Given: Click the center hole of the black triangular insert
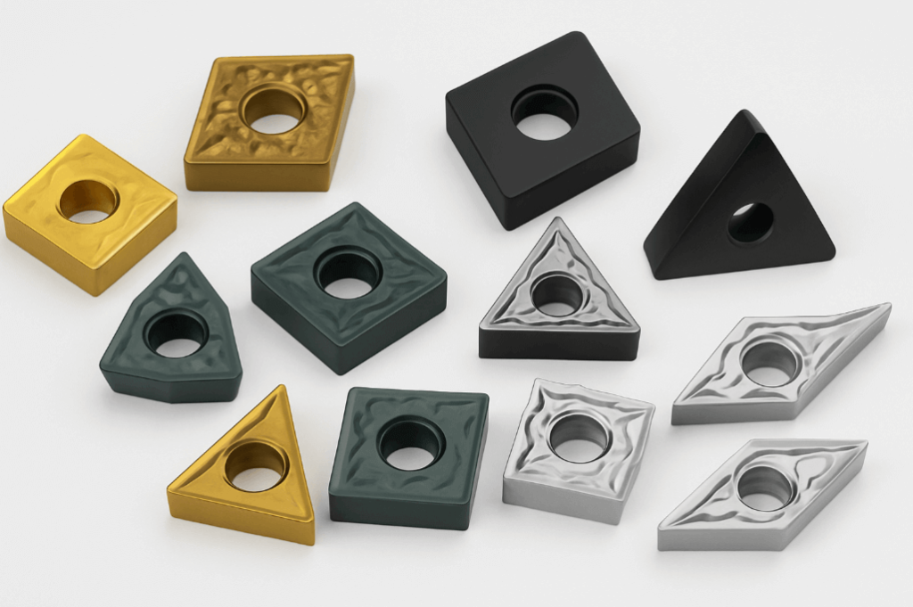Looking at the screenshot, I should (x=750, y=223).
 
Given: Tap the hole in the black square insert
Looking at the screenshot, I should (x=544, y=112).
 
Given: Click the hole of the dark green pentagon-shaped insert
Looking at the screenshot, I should (x=176, y=332).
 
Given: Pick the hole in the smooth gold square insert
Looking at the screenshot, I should (x=88, y=201).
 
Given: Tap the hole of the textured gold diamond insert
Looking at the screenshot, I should (x=274, y=108).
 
